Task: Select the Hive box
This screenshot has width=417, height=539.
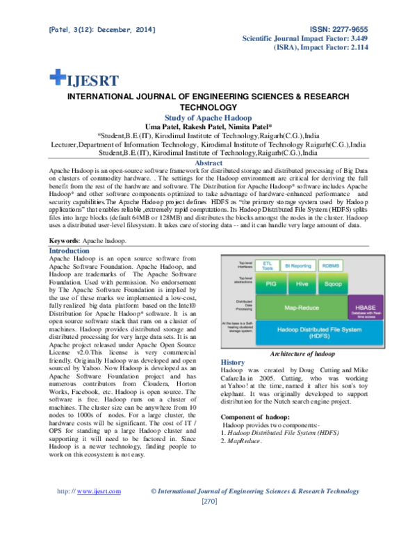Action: pyautogui.click(x=302, y=283)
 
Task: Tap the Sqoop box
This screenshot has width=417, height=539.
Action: pyautogui.click(x=333, y=283)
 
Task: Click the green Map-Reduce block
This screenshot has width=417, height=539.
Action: pyautogui.click(x=301, y=306)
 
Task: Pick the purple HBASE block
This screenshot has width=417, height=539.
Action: pyautogui.click(x=366, y=307)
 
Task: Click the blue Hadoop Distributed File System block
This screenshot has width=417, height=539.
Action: pyautogui.click(x=319, y=332)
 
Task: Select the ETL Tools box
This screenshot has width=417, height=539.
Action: pyautogui.click(x=267, y=265)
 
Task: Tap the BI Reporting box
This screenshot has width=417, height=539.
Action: pyautogui.click(x=298, y=265)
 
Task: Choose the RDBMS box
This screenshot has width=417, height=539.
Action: pyautogui.click(x=331, y=265)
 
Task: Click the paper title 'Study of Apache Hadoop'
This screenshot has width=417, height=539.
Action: pyautogui.click(x=208, y=118)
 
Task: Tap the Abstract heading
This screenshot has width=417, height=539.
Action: pyautogui.click(x=208, y=164)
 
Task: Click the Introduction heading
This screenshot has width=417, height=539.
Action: pyautogui.click(x=68, y=251)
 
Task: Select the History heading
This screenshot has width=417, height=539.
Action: pyautogui.click(x=233, y=363)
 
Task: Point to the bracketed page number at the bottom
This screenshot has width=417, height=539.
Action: pyautogui.click(x=208, y=501)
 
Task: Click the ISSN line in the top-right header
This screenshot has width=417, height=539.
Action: pyautogui.click(x=341, y=30)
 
